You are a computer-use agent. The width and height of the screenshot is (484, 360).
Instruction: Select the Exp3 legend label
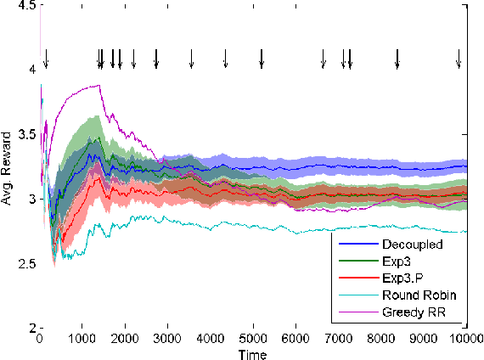pos(391,260)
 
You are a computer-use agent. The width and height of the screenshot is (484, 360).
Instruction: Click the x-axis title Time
pos(253,353)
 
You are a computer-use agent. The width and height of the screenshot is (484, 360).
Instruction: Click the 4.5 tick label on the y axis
pos(26,6)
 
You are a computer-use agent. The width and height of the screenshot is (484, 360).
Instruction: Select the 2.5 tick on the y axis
pos(26,263)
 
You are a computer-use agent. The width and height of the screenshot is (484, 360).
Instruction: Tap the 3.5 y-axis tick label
pos(26,135)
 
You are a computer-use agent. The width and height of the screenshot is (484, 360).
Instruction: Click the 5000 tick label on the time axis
pos(253,338)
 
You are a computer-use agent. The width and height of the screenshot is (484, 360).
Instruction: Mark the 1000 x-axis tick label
pos(82,338)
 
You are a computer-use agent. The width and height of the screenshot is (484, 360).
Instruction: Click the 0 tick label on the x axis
pos(40,338)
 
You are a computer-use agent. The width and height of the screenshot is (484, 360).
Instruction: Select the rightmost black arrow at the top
pos(459,59)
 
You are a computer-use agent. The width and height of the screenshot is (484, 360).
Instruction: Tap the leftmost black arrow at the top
pos(46,59)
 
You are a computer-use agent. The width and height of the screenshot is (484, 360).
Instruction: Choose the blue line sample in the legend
pos(353,244)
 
